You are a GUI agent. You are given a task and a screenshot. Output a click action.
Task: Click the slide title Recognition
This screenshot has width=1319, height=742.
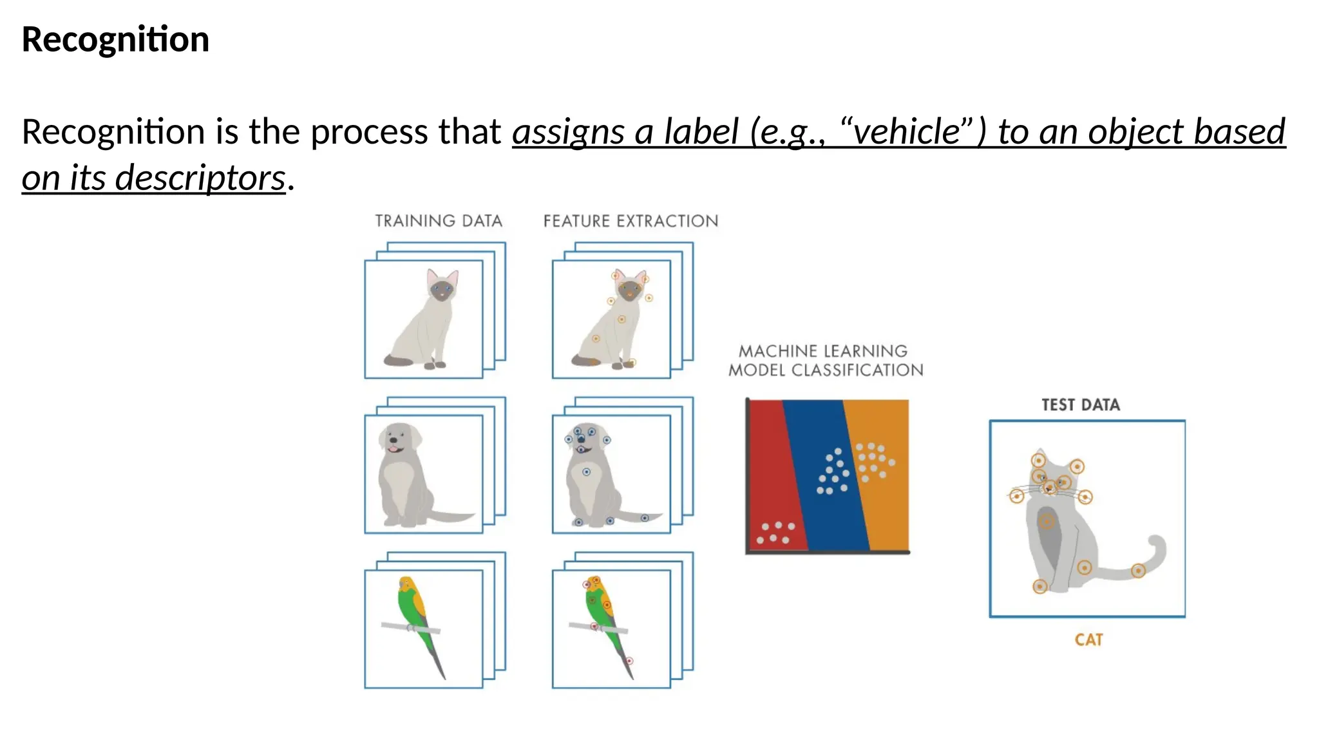pos(115,39)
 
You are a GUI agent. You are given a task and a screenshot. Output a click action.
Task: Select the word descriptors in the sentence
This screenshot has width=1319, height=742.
pos(200,178)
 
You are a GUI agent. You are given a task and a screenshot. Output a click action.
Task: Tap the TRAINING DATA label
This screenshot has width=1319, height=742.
pos(439,221)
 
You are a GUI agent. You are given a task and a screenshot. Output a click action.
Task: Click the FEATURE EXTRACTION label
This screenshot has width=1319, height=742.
pos(631,221)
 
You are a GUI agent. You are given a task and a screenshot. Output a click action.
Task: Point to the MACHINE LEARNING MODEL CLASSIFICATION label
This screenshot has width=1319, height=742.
pos(825,361)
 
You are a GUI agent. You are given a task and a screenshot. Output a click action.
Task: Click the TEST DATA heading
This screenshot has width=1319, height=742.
pos(1080,405)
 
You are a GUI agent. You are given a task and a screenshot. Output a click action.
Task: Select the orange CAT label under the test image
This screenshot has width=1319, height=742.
pos(1088,640)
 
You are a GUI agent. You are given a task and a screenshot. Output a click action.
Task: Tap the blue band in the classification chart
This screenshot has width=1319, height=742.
pos(824,515)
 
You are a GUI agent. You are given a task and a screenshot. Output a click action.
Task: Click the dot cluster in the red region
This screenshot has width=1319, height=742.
pos(775,533)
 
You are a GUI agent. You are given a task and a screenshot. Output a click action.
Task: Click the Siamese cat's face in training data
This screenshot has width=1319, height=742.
pos(442,289)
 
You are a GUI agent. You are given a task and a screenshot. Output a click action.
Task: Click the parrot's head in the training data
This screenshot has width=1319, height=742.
pos(406,585)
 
